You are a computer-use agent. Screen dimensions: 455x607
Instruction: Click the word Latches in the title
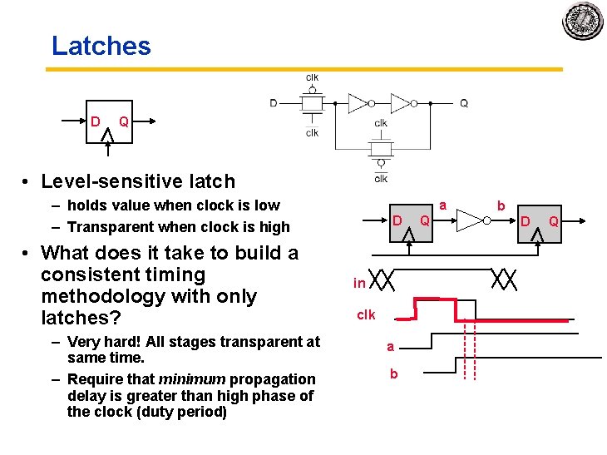click(x=101, y=46)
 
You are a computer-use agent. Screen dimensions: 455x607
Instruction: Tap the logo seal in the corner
click(x=582, y=21)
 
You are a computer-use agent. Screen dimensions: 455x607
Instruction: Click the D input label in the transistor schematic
click(x=274, y=103)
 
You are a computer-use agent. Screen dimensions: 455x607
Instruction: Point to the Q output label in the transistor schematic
click(x=463, y=103)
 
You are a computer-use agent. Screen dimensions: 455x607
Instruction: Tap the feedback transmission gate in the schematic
click(x=380, y=151)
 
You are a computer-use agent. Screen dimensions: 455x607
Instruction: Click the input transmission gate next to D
click(x=312, y=104)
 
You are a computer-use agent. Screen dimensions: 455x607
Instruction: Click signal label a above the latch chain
click(x=443, y=205)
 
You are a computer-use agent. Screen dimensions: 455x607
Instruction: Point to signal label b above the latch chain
click(x=501, y=205)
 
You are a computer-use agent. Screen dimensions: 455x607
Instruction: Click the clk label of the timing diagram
click(x=366, y=314)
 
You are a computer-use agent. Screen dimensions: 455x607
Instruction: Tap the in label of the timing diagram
click(x=359, y=283)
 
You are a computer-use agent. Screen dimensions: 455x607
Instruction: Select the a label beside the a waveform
click(x=390, y=346)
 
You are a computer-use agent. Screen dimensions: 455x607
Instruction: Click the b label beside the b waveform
click(x=394, y=374)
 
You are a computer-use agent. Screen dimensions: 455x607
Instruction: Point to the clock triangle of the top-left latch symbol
click(x=106, y=133)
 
